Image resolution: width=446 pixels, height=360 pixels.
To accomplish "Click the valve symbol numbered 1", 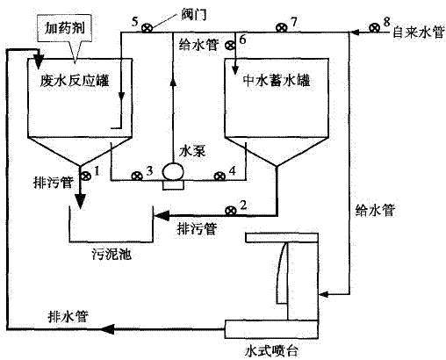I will [x=85, y=176].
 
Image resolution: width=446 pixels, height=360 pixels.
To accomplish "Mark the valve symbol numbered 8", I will [x=376, y=29].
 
